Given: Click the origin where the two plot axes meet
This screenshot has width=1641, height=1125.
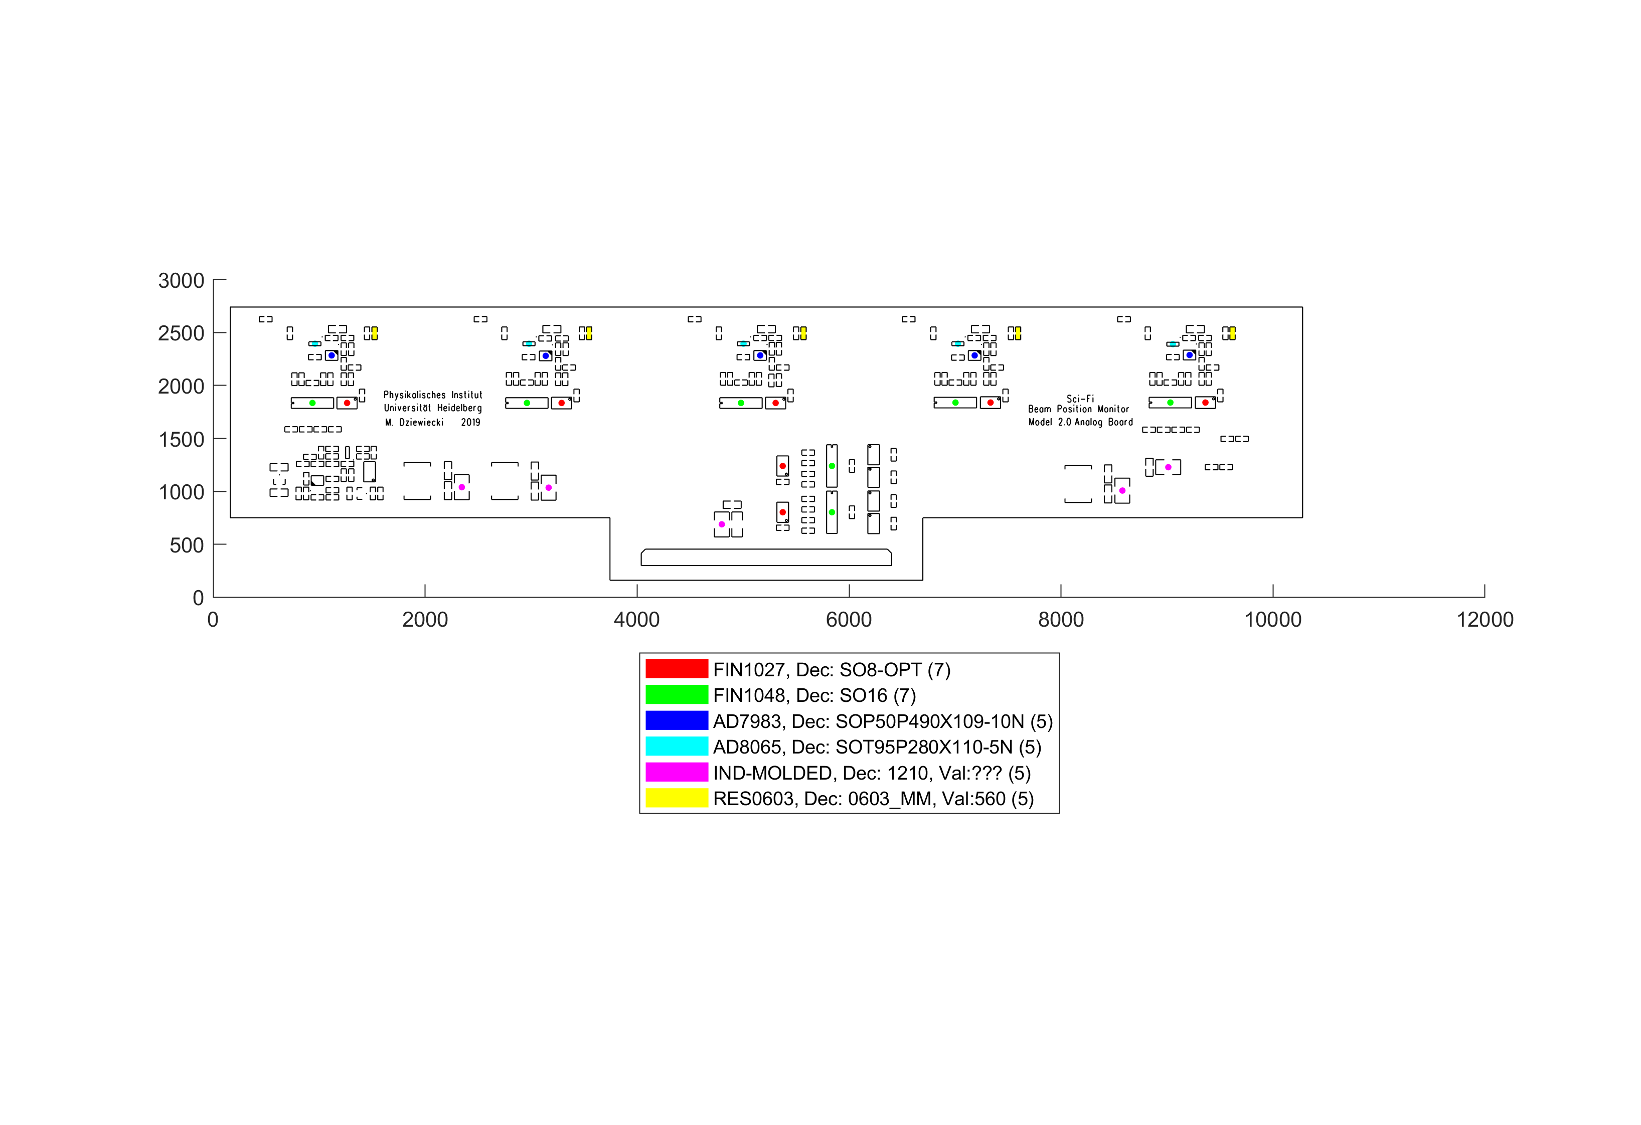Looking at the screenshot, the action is (x=213, y=597).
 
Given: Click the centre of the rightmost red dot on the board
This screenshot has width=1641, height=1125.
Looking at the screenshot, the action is (x=1205, y=403).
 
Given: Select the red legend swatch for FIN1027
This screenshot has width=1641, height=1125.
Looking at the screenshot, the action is (x=677, y=669).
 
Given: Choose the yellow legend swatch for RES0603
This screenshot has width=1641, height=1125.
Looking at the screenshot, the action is (x=677, y=798).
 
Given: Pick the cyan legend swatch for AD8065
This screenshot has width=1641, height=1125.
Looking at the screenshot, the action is (x=677, y=746).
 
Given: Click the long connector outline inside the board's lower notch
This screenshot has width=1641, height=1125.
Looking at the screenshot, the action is (x=766, y=557).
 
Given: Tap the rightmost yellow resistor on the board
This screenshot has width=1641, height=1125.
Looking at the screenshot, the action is (x=1232, y=333).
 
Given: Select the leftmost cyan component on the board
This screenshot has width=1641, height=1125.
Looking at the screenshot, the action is (x=314, y=344).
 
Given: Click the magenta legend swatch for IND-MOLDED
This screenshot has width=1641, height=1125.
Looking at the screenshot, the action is (x=677, y=772).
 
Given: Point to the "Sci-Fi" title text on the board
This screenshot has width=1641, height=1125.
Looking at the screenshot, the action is (x=1080, y=399).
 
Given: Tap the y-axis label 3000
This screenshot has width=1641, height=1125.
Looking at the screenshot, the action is (x=182, y=281).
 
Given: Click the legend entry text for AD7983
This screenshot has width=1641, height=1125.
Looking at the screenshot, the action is (x=883, y=721).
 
